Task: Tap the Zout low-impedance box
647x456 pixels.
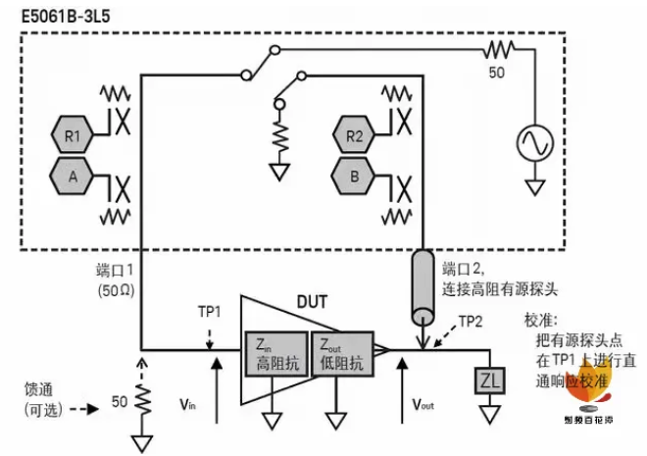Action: (x=339, y=352)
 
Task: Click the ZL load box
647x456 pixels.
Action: (x=487, y=380)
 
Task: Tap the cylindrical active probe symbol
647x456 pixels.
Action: (x=423, y=287)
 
